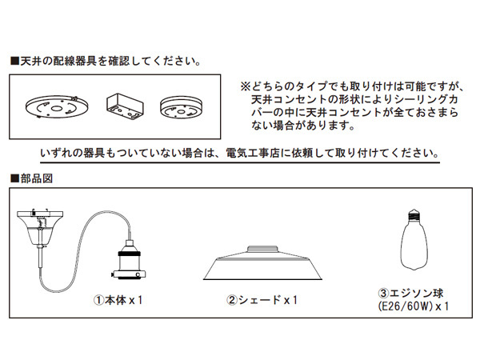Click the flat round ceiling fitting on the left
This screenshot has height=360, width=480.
55,107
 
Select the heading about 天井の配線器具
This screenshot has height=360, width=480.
104,61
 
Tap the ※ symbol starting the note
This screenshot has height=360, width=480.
245,84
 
